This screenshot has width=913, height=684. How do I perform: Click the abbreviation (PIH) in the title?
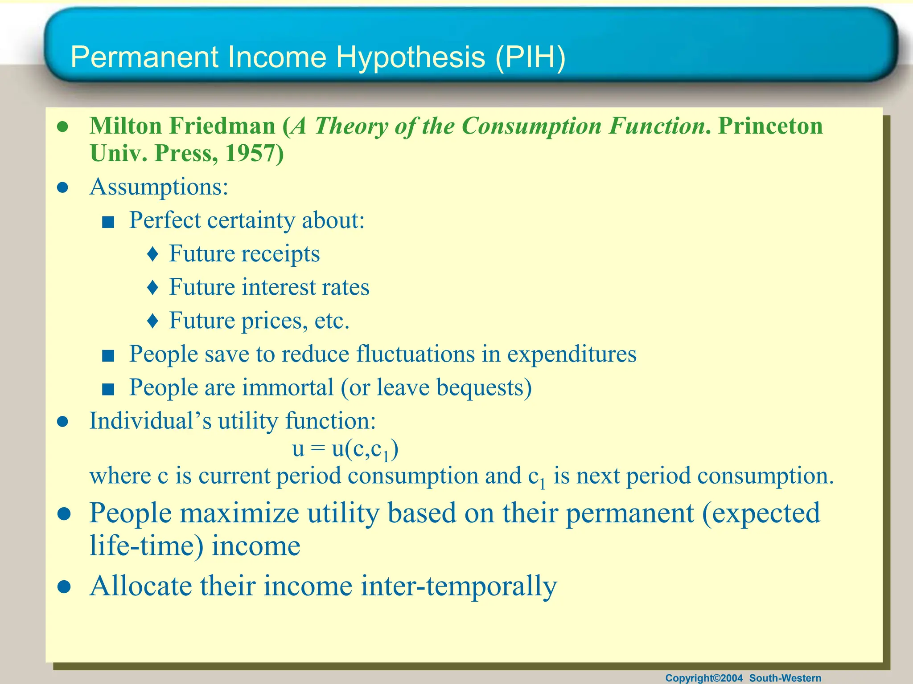[x=530, y=58]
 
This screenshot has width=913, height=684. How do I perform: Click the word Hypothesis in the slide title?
[x=410, y=58]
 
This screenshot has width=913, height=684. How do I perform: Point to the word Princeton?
[x=770, y=126]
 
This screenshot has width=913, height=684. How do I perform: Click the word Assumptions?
[x=159, y=187]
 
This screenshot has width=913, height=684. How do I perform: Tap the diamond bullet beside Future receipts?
[x=153, y=254]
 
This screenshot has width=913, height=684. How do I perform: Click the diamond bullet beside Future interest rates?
[x=153, y=288]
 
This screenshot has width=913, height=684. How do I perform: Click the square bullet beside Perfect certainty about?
[x=108, y=222]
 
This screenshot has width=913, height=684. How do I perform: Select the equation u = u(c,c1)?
[x=345, y=449]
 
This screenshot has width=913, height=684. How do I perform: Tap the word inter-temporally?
[x=459, y=586]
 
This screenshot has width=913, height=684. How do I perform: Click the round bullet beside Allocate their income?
[x=64, y=587]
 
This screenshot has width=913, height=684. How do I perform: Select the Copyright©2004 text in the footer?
[x=704, y=678]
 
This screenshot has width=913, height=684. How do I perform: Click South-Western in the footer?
[x=785, y=678]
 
